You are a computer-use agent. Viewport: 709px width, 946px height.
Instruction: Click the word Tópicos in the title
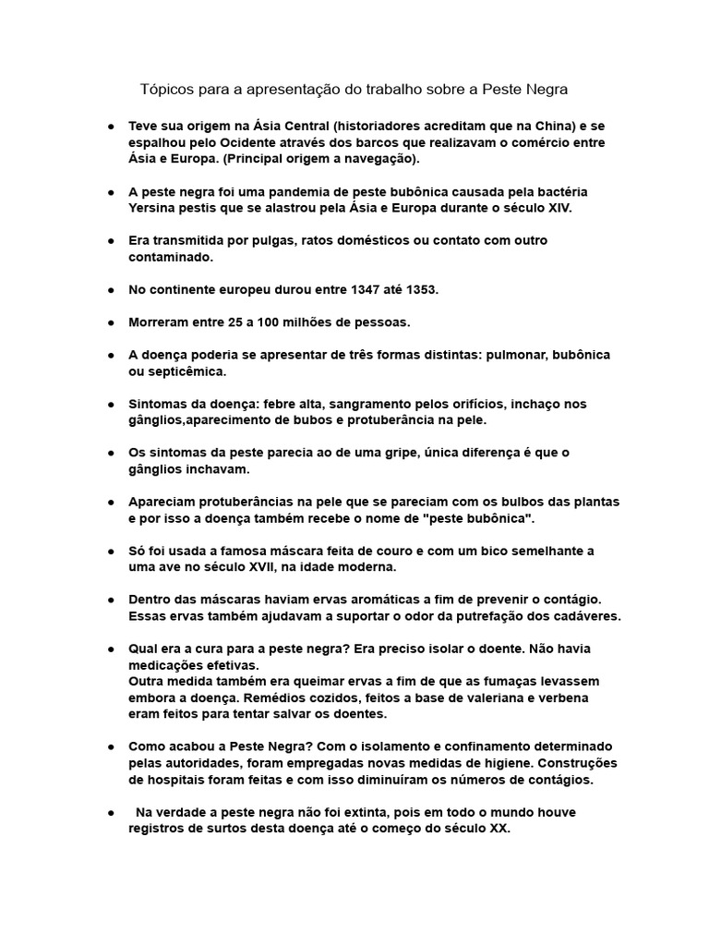click(167, 90)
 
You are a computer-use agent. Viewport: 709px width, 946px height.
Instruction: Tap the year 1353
click(419, 289)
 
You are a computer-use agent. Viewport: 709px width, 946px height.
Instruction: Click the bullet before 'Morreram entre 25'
click(111, 322)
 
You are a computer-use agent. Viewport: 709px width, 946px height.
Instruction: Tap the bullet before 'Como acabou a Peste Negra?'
click(111, 746)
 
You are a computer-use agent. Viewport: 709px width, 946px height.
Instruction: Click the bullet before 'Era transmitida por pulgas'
click(111, 240)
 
